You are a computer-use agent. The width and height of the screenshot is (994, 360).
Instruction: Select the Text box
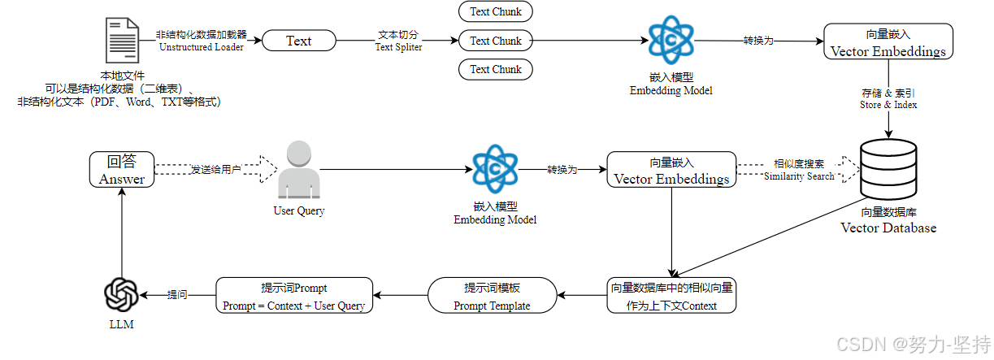298,41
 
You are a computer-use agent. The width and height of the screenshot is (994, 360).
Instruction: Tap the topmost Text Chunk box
496,11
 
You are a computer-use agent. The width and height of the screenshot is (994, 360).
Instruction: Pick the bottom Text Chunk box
496,69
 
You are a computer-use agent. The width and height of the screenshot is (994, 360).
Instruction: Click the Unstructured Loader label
202,41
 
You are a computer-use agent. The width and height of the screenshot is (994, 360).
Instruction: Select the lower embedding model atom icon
495,168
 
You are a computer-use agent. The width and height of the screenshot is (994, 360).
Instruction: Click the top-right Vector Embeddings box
888,41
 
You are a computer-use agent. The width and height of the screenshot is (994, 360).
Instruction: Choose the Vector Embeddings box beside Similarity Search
671,169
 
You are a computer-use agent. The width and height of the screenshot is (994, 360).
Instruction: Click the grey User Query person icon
298,170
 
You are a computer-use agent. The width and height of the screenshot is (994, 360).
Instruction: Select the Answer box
122,170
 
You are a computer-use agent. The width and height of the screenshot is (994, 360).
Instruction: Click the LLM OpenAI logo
122,294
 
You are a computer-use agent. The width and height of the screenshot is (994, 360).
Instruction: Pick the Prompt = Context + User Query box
293,296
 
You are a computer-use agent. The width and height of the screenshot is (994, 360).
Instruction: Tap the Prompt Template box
492,296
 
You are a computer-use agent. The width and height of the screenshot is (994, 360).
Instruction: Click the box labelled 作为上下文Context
672,296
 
